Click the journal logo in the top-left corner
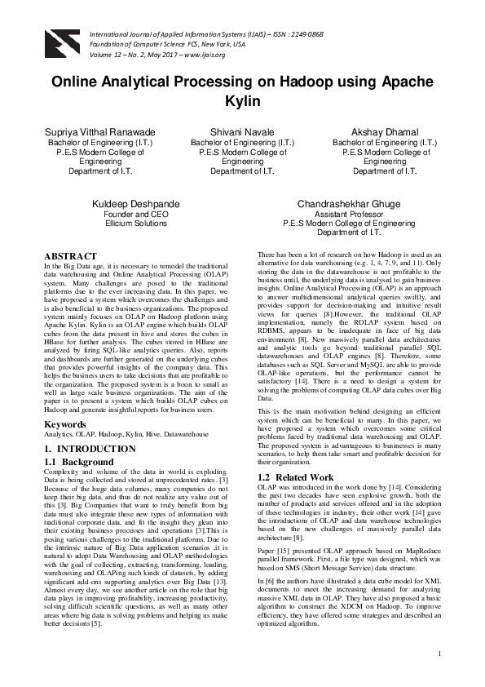[x=59, y=42]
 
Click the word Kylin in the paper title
[x=242, y=101]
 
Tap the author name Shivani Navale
[x=242, y=131]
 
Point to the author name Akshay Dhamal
[x=385, y=131]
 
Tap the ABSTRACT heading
[x=70, y=256]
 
